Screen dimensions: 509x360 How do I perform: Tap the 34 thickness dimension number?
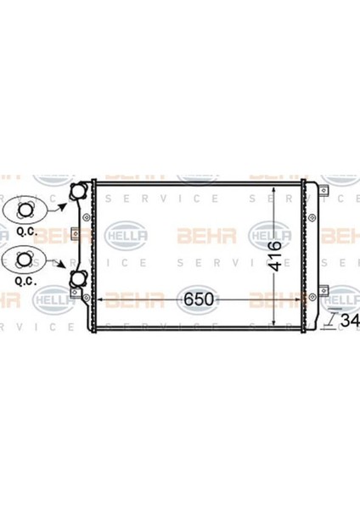[348, 321]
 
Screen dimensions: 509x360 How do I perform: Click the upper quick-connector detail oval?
[25, 209]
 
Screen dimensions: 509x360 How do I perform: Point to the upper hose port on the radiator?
[78, 193]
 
